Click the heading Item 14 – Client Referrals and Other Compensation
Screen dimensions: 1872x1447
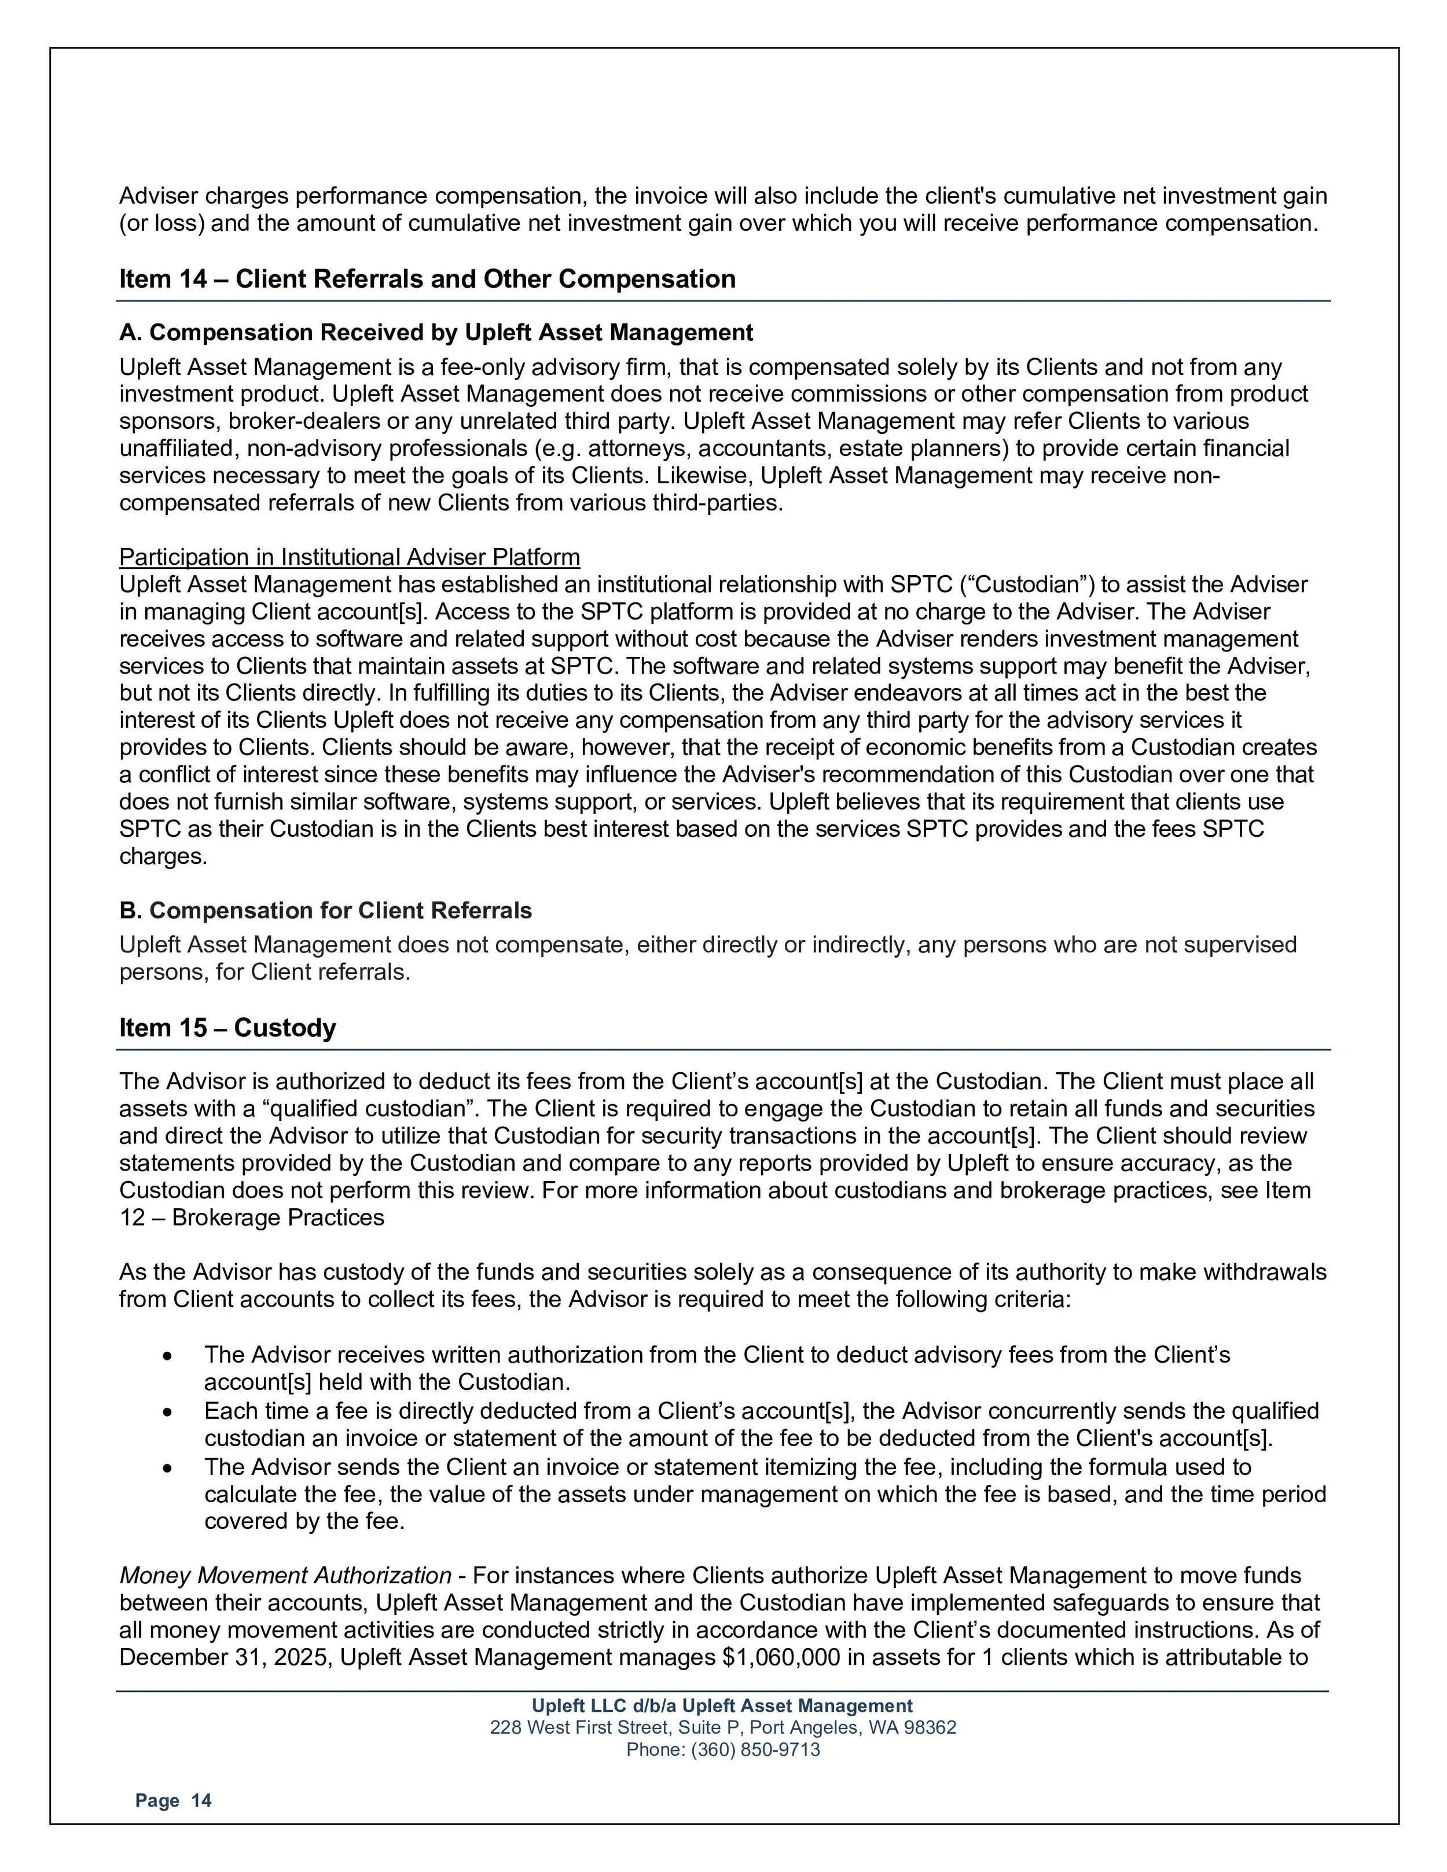click(427, 279)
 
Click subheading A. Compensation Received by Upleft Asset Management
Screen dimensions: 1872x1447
click(435, 333)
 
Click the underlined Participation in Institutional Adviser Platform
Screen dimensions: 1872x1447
click(349, 557)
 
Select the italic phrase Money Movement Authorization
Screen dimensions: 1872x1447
click(285, 1575)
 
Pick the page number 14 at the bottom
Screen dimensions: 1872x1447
click(201, 1801)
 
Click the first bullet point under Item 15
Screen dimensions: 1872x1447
click(167, 1356)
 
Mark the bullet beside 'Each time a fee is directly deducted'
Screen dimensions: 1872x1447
click(167, 1411)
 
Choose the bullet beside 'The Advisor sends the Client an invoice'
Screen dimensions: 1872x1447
click(167, 1468)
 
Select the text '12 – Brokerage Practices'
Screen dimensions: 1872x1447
click(251, 1218)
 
